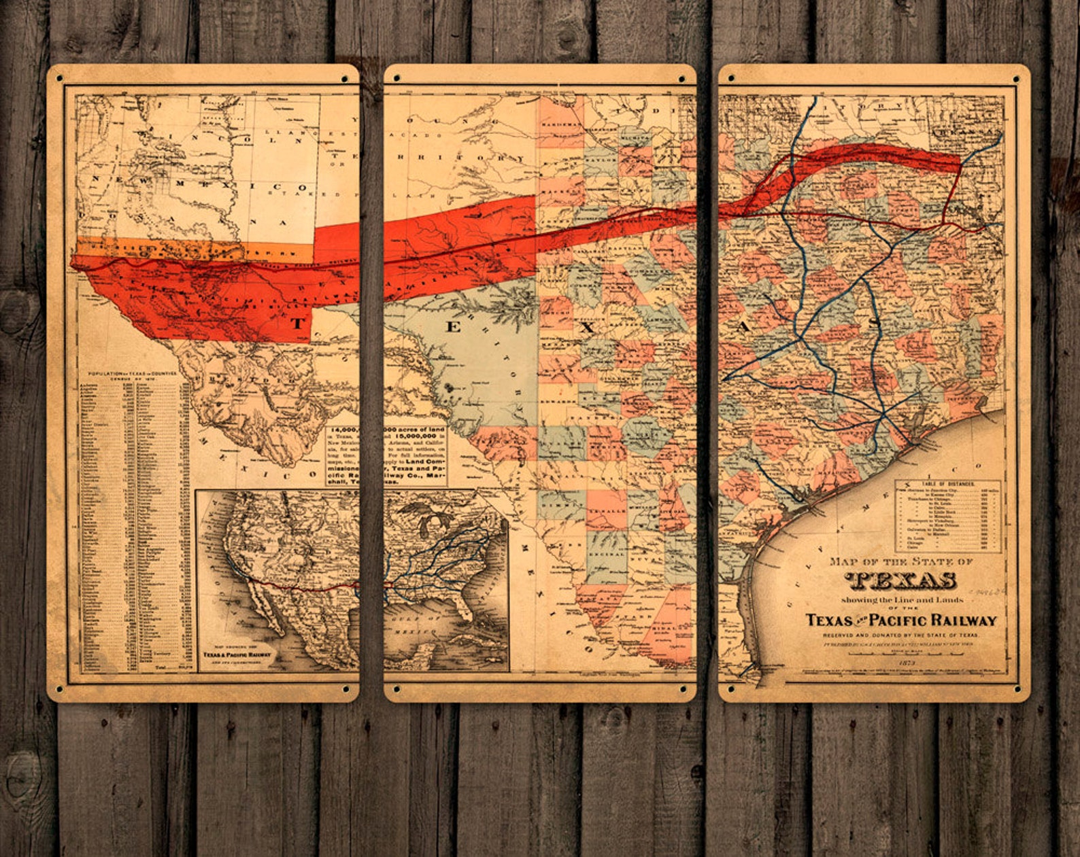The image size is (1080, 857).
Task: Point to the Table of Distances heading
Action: click(x=948, y=484)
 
